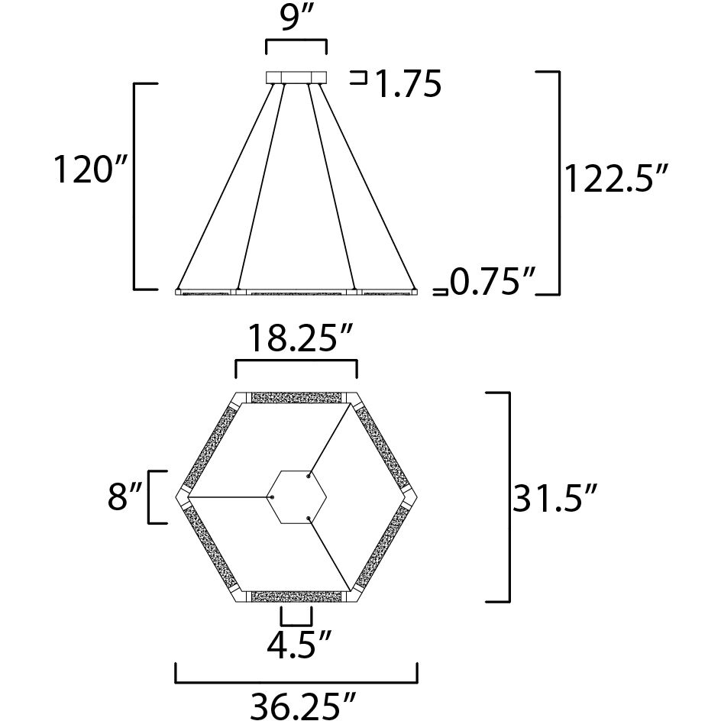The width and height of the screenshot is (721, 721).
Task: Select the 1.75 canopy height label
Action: (x=407, y=84)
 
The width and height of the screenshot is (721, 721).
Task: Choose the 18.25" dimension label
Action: (x=296, y=338)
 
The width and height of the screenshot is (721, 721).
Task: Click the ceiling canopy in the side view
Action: (x=296, y=77)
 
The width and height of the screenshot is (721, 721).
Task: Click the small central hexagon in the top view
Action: (x=296, y=497)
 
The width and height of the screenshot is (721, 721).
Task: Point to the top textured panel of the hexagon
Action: (x=296, y=398)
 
